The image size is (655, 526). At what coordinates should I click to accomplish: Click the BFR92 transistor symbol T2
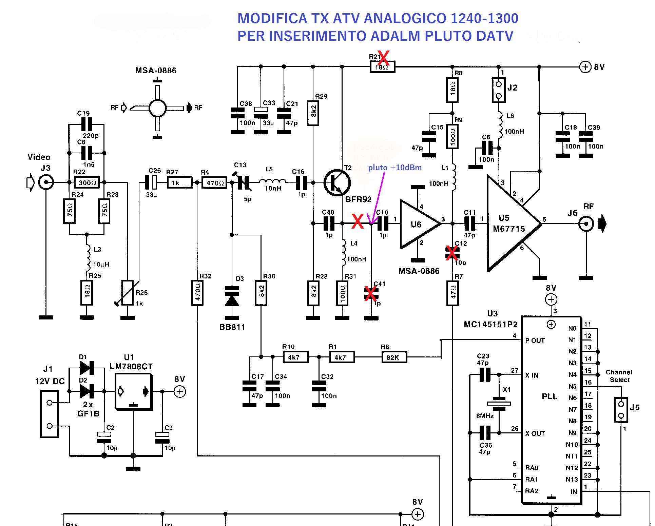tap(337, 183)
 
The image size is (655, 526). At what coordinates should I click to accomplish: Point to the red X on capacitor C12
tap(451, 253)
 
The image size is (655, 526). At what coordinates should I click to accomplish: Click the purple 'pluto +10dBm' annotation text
tap(394, 168)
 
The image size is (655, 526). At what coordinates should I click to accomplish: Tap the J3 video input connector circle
tap(46, 182)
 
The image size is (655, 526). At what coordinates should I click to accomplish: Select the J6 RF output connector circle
tap(586, 224)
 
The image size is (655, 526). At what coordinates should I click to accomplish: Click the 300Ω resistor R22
tap(87, 182)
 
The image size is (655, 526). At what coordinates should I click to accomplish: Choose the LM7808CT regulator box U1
tap(133, 391)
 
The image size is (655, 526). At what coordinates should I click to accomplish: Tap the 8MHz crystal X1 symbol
tap(499, 404)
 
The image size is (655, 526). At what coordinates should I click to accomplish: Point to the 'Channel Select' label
tap(619, 376)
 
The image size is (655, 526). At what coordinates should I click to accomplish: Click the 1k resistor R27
tap(179, 183)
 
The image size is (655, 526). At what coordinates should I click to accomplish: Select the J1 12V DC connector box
tap(50, 414)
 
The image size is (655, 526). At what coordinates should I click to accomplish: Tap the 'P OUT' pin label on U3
tap(535, 340)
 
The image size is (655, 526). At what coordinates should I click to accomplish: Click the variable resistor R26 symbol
tap(128, 292)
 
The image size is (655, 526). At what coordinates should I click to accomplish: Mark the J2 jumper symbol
tap(498, 90)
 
